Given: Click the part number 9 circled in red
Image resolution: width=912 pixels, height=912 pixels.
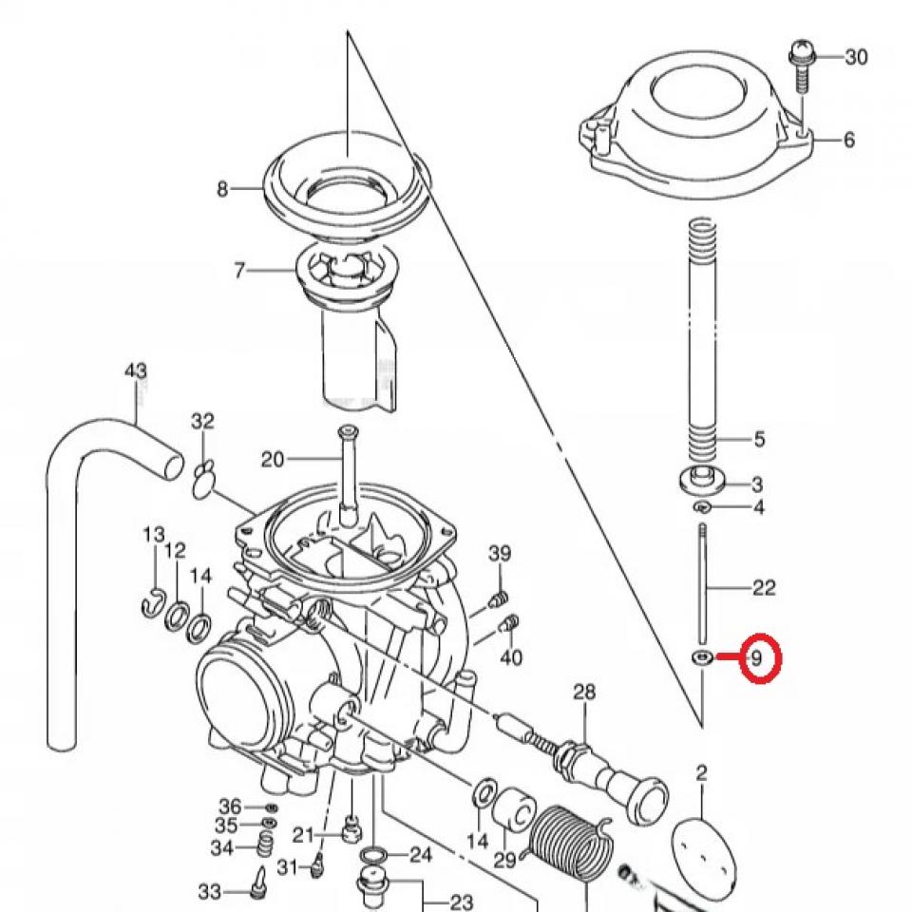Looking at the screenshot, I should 757,656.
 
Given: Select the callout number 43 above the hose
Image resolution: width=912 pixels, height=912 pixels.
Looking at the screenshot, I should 137,370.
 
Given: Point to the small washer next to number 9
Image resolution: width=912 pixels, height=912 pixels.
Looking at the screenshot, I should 703,657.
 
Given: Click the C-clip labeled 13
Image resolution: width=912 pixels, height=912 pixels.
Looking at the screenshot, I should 154,602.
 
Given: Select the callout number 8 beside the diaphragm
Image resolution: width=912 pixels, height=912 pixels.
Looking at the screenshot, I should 222,189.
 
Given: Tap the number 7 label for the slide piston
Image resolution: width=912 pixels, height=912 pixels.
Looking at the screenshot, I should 239,271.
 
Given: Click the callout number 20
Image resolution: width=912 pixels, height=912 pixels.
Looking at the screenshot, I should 273,460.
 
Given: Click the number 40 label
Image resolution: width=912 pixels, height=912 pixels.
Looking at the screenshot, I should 511,656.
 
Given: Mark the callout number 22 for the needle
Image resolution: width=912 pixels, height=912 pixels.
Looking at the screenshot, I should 764,588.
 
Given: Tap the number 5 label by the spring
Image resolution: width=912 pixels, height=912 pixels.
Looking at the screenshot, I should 759,440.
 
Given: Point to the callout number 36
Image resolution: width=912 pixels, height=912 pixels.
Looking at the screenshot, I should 230,806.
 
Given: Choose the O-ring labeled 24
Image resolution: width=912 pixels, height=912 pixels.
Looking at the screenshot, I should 375,854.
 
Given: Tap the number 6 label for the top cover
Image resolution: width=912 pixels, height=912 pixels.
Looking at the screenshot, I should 847,140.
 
